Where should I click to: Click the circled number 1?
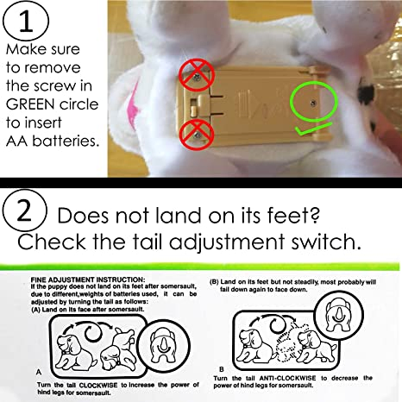tap(26, 20)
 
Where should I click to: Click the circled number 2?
tap(24, 210)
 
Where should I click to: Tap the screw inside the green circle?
tap(313, 103)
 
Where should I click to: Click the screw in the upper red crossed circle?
tap(197, 77)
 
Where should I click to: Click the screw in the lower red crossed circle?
tap(198, 135)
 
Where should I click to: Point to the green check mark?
tap(313, 129)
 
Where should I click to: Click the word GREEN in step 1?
tap(30, 104)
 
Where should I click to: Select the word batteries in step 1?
tap(66, 141)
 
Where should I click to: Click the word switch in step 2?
tap(326, 242)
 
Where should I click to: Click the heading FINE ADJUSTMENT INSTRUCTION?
tap(88, 280)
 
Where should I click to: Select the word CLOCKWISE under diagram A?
tap(98, 385)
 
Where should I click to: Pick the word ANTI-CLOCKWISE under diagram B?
tap(287, 378)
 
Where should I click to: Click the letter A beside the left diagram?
tap(39, 373)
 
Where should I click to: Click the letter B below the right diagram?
tap(222, 369)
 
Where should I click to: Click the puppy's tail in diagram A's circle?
tap(163, 344)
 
